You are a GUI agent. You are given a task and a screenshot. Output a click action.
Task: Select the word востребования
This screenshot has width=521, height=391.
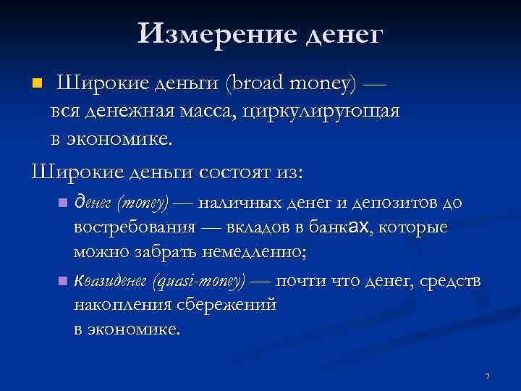tap(134, 227)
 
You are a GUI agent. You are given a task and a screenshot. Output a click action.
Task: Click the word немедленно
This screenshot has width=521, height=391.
tap(247, 253)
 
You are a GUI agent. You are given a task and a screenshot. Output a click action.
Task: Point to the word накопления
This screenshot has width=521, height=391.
tap(120, 304)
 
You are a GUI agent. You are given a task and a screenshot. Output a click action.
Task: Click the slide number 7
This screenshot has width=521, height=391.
tap(488, 376)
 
